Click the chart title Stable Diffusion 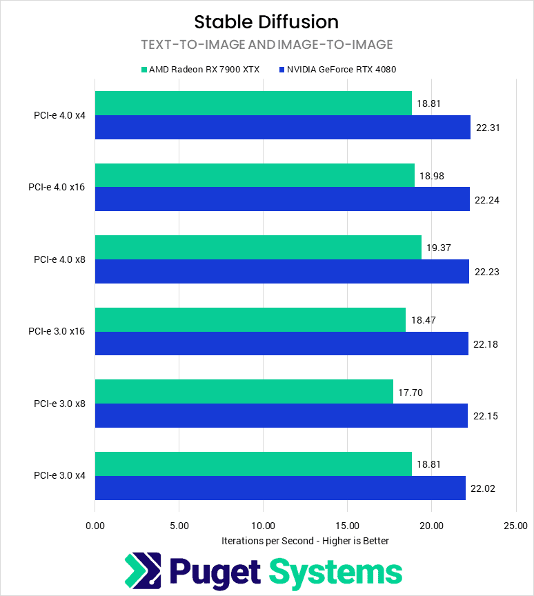[x=266, y=22]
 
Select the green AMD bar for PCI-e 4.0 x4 [x=253, y=103]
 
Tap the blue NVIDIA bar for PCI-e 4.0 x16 [x=282, y=199]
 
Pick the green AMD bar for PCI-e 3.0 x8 [x=244, y=391]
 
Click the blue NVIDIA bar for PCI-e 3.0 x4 [x=280, y=488]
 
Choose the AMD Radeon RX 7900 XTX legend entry [x=200, y=69]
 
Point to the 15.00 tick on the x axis [x=347, y=525]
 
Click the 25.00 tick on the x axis [x=515, y=525]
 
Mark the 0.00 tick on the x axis [x=95, y=525]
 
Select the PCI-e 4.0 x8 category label [x=59, y=259]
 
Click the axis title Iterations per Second [x=305, y=541]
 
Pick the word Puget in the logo [x=214, y=571]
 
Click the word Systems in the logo [x=335, y=571]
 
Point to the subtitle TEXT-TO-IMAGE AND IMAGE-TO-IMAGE [x=266, y=45]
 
